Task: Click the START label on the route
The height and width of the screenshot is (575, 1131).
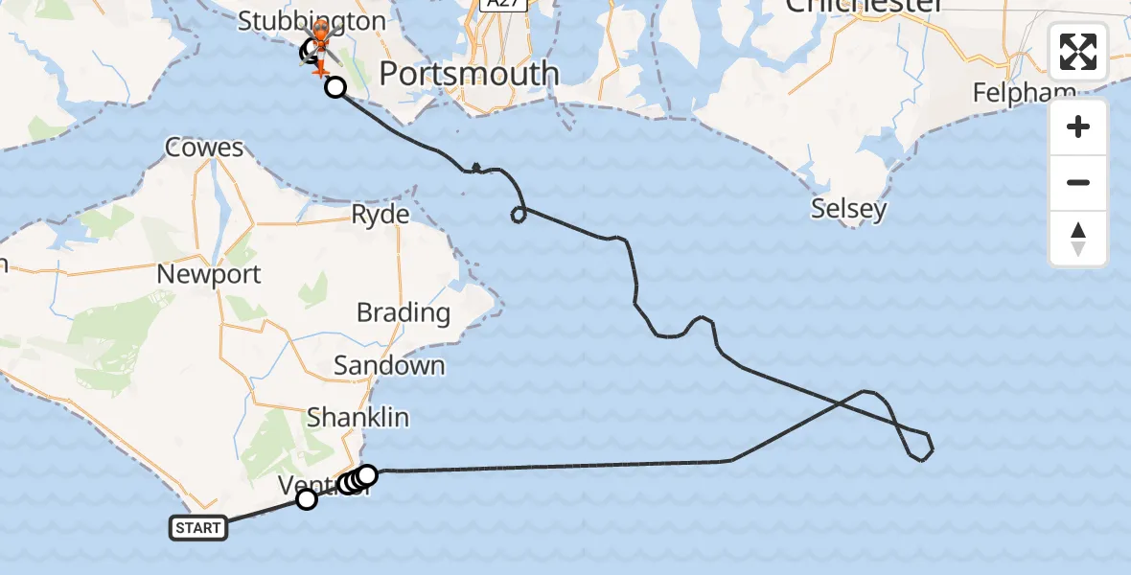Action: coord(198,527)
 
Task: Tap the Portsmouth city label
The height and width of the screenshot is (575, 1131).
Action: coord(469,74)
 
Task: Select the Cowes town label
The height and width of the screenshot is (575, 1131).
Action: coord(204,149)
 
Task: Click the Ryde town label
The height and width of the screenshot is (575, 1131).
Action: coord(381,214)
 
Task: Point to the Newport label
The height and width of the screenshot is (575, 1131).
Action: coord(209,275)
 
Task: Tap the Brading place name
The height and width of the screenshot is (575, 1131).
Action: coord(403,312)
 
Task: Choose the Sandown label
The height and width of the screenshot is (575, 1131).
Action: coord(389,365)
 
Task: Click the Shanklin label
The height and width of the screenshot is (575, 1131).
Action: coord(358,418)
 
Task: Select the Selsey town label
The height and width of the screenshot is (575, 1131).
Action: coord(848,209)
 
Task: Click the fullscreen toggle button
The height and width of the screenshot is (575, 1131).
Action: coord(1078,52)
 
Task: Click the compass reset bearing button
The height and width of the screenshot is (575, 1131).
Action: coord(1078,239)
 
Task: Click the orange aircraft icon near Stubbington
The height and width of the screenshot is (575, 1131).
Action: coord(318,68)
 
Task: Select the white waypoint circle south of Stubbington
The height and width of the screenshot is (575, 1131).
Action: coord(335,88)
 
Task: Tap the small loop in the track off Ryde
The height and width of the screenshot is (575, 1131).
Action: coord(519,214)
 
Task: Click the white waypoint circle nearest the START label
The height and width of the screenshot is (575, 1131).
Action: coord(307,498)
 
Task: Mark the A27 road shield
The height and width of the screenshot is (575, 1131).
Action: coord(492,5)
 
